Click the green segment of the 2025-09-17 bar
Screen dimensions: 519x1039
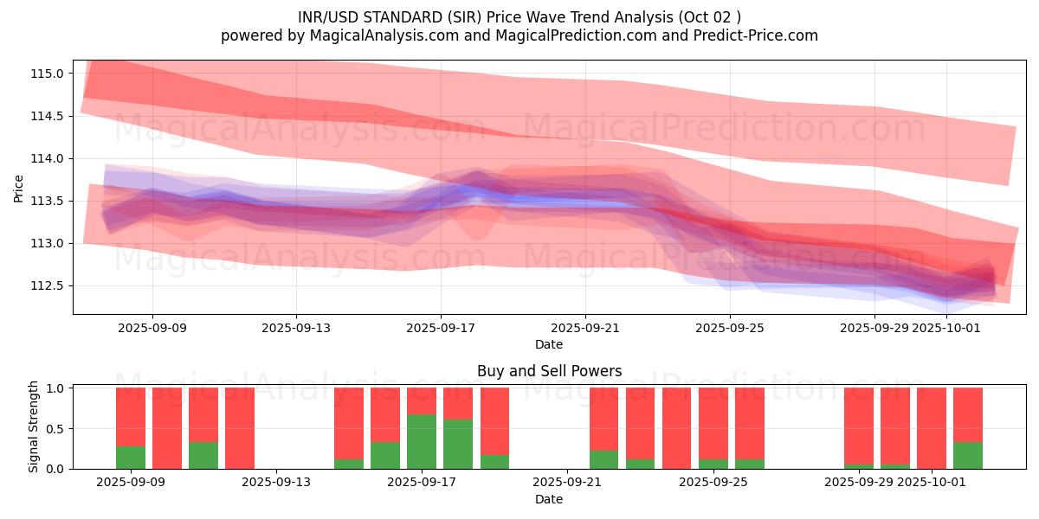point(422,441)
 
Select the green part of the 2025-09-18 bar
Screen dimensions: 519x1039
point(458,444)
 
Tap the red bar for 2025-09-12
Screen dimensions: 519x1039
point(240,428)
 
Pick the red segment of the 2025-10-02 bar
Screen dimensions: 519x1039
point(968,414)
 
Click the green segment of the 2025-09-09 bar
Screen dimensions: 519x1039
point(131,457)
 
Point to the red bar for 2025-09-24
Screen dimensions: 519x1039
point(676,428)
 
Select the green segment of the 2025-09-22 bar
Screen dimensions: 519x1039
point(603,459)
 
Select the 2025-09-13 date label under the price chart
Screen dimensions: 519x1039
point(296,329)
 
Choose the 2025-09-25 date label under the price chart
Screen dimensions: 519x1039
point(729,329)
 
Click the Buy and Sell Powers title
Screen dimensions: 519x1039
point(549,372)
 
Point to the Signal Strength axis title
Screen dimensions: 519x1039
point(34,426)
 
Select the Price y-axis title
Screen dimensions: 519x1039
point(19,187)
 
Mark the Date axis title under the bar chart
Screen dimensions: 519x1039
point(549,499)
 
